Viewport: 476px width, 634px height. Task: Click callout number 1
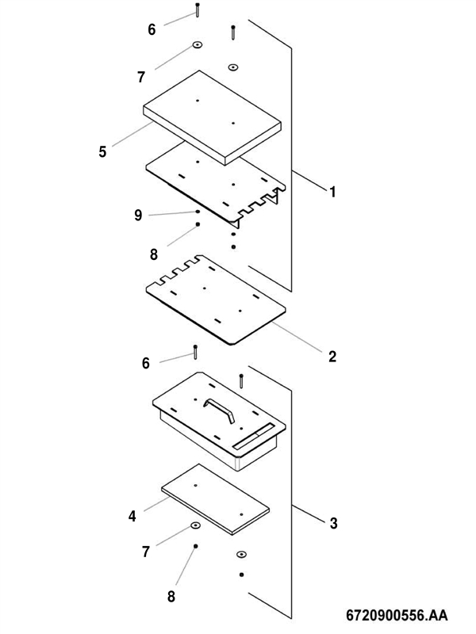pyautogui.click(x=332, y=192)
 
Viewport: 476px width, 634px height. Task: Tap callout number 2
pyautogui.click(x=332, y=357)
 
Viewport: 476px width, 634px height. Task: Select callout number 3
pyautogui.click(x=333, y=523)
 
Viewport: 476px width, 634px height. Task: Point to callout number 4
pyautogui.click(x=132, y=517)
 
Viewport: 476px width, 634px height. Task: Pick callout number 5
pyautogui.click(x=103, y=152)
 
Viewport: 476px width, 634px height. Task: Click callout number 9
pyautogui.click(x=138, y=216)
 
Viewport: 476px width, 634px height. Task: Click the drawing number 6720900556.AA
pyautogui.click(x=397, y=616)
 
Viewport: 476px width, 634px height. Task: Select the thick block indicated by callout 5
pyautogui.click(x=212, y=117)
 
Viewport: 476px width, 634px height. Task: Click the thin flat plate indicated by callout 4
pyautogui.click(x=215, y=499)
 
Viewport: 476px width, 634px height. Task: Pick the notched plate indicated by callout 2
pyautogui.click(x=216, y=300)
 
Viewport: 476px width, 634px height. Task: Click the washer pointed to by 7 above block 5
pyautogui.click(x=198, y=44)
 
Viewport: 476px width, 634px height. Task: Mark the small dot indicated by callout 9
pyautogui.click(x=198, y=212)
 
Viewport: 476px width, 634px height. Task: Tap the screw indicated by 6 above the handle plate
pyautogui.click(x=195, y=352)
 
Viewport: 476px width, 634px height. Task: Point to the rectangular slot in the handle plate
pyautogui.click(x=255, y=436)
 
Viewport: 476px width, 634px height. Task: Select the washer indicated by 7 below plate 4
pyautogui.click(x=195, y=525)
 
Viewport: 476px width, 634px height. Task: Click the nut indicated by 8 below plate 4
pyautogui.click(x=195, y=546)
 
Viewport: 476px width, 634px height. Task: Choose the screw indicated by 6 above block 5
pyautogui.click(x=197, y=10)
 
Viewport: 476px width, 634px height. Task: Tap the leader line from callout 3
pyautogui.click(x=309, y=514)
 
